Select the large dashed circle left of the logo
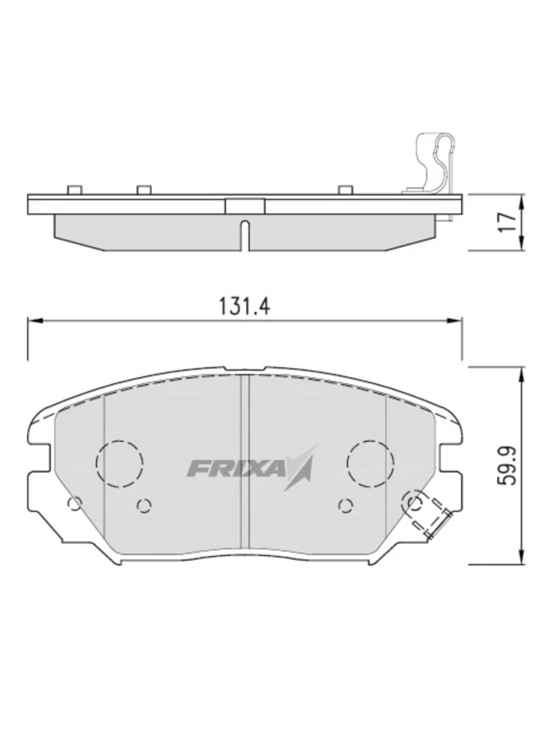coord(120,464)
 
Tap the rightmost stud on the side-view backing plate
coord(345,190)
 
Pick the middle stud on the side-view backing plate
coord(143,190)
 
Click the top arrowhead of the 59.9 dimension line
coord(521,372)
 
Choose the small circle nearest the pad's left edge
coord(74,503)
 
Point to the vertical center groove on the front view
coord(246,462)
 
